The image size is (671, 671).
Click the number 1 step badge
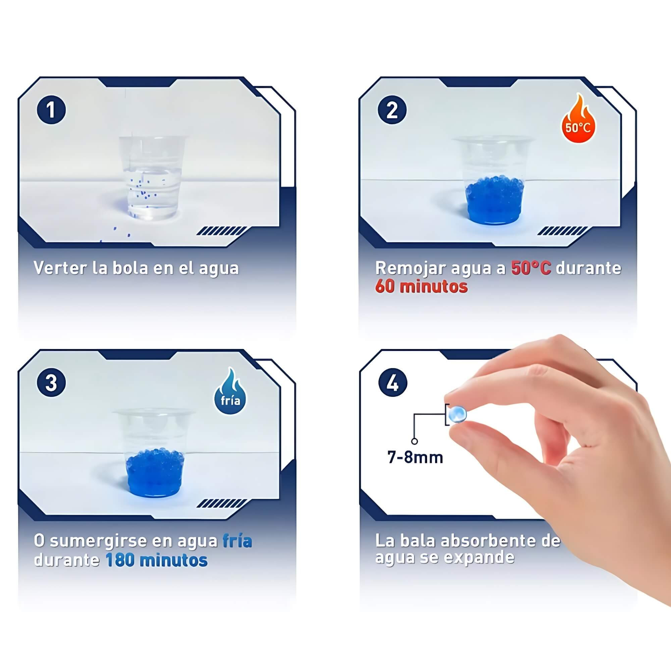[51, 110]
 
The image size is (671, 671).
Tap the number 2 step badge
[392, 110]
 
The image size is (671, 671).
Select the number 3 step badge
[51, 383]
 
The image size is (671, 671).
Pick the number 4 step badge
[393, 383]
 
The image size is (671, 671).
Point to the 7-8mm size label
[415, 457]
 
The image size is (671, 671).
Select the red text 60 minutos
[421, 287]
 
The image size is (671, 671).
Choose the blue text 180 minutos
[157, 560]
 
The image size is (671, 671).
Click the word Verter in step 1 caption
[60, 268]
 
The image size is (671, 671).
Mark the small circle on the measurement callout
[414, 442]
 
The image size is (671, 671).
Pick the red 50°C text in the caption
[531, 268]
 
